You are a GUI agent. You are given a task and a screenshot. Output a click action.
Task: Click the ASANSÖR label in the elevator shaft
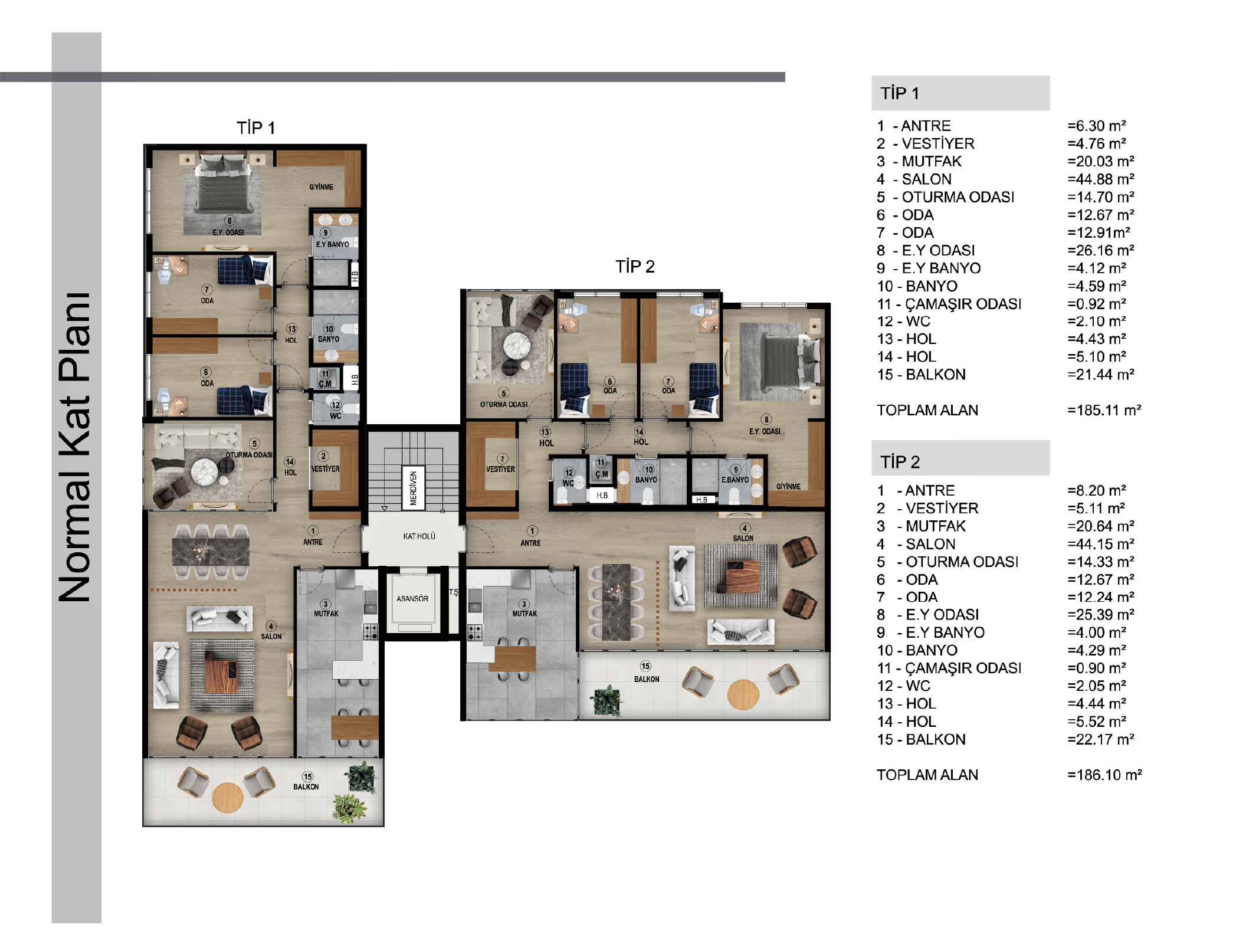pos(412,598)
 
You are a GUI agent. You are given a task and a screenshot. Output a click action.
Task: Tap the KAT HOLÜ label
pos(419,536)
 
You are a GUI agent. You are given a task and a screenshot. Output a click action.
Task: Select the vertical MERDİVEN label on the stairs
pos(414,488)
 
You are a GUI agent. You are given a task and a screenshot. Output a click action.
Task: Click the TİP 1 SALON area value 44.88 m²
pos(1101,179)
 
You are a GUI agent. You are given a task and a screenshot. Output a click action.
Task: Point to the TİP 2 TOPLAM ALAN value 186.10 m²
pos(1104,775)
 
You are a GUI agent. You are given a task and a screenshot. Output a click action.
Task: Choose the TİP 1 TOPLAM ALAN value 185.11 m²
pos(1104,410)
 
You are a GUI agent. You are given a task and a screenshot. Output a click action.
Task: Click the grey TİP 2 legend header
pos(960,458)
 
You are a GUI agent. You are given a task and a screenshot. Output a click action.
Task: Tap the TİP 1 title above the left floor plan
pos(256,128)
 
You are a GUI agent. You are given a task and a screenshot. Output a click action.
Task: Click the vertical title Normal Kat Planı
pos(75,447)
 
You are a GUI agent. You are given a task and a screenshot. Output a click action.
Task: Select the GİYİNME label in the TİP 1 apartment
pos(322,187)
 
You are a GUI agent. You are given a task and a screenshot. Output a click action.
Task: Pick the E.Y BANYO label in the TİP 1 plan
pos(332,244)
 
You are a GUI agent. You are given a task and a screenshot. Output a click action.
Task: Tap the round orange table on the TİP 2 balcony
pos(743,695)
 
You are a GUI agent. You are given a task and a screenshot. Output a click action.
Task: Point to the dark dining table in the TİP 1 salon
pos(211,552)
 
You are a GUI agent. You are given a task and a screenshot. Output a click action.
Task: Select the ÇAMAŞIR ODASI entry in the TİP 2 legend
pos(963,668)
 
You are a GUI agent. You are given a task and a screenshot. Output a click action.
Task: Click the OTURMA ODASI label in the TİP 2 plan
pos(504,405)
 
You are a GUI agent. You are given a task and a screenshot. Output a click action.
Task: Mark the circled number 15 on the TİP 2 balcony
pos(645,667)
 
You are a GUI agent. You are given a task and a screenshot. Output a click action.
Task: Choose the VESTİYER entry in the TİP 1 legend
pos(938,143)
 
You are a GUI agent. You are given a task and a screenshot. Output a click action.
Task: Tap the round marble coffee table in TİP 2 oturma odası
pos(517,345)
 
